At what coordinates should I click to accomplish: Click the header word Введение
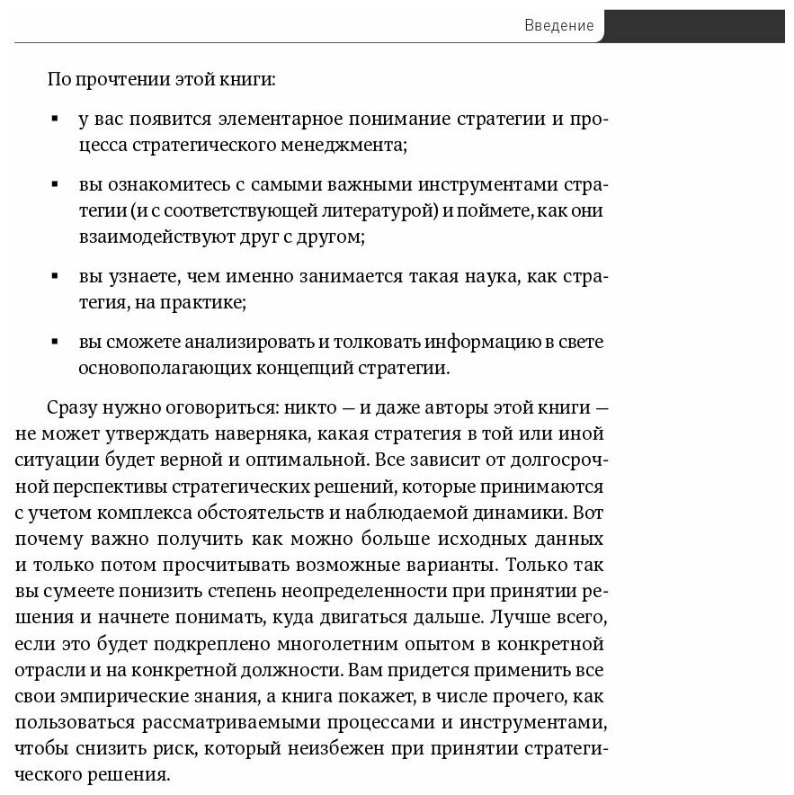tap(558, 26)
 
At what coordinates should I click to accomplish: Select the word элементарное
tap(290, 120)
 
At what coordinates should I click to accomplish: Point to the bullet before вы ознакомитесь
tap(56, 184)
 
